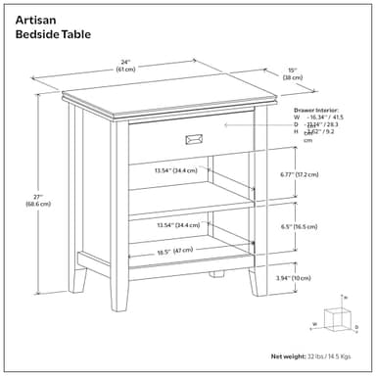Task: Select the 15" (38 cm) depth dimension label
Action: tap(293, 72)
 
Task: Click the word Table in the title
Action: tap(77, 34)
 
